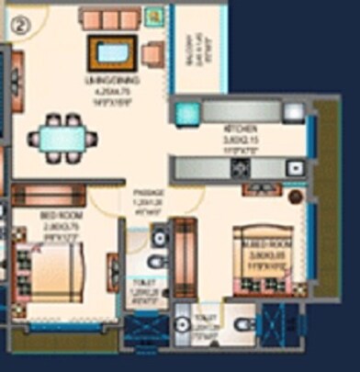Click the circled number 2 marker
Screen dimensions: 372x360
(x=17, y=25)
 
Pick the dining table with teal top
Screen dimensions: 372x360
(x=62, y=139)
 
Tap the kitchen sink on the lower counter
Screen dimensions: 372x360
(x=294, y=168)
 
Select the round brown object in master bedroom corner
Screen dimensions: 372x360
(x=296, y=197)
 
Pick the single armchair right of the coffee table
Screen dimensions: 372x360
(x=153, y=53)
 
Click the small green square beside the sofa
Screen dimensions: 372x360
(x=152, y=16)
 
